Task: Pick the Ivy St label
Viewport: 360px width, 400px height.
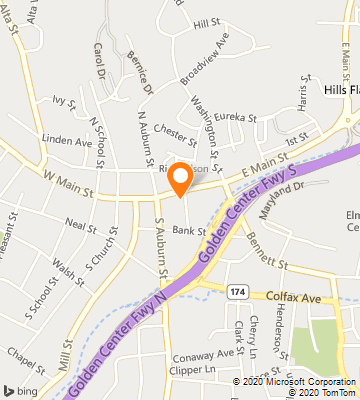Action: [65, 101]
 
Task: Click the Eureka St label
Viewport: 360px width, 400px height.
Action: [241, 117]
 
